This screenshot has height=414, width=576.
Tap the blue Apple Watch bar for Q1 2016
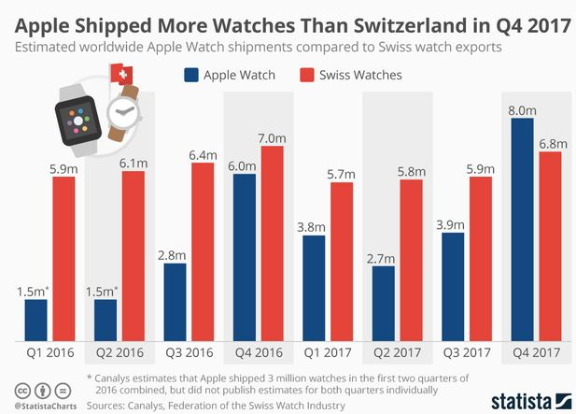(35, 320)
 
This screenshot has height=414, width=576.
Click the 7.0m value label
(272, 137)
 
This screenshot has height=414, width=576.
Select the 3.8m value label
(313, 225)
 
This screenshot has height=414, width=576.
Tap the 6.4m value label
(203, 153)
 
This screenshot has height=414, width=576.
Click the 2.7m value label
(382, 257)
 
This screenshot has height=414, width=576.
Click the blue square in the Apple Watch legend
(192, 75)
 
